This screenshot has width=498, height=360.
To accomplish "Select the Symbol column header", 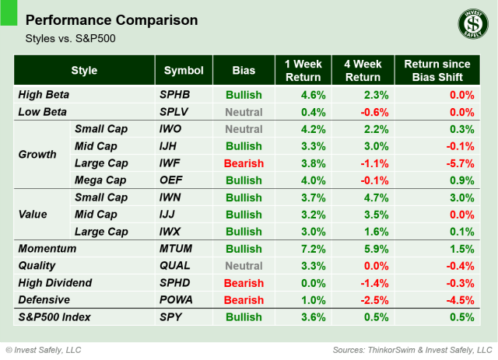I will tap(183, 71).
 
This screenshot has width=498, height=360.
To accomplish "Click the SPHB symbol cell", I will tap(175, 95).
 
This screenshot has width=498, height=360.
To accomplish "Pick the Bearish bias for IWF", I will tap(244, 163).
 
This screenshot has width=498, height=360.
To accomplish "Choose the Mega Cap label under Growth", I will tap(100, 180).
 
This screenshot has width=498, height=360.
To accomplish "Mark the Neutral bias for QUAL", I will tap(244, 266).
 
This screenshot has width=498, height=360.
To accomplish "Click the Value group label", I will tap(33, 215).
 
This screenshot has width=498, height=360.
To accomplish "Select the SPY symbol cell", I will tap(170, 317).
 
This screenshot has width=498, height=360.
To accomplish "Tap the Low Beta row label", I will tap(43, 112).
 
